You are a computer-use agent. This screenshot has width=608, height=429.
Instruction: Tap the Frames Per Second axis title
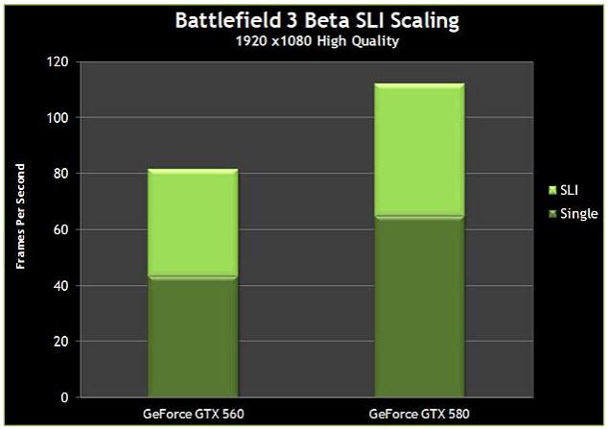pos(21,229)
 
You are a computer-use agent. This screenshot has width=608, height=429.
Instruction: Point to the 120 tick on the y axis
pos(59,62)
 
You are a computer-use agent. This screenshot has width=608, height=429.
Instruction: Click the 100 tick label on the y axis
pos(59,118)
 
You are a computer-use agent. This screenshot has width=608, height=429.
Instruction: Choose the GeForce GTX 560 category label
pos(193,414)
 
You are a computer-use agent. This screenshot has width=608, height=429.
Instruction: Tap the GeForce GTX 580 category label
pos(419,414)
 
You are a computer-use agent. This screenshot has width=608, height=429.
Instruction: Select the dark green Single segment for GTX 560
pos(193,337)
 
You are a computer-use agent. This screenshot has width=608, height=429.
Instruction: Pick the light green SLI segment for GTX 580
pos(419,150)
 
